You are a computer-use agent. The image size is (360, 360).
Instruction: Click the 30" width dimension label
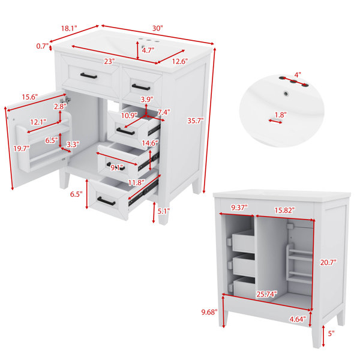[157, 28]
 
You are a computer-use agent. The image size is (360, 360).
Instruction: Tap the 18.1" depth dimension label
[69, 28]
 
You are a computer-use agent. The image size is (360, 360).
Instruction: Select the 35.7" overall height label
[196, 121]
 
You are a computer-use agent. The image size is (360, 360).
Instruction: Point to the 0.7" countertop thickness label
[43, 46]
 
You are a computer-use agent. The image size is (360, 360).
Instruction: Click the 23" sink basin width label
[109, 61]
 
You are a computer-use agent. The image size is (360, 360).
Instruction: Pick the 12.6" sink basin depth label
[180, 61]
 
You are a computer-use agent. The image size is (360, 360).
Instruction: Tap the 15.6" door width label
[29, 97]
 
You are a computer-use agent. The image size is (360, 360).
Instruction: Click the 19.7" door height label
[22, 149]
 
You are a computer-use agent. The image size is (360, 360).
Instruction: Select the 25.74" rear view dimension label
[266, 294]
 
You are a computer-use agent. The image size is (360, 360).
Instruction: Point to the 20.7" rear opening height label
[328, 262]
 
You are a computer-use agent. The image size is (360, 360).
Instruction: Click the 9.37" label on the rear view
[239, 208]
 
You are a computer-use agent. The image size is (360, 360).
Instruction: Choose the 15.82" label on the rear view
[284, 210]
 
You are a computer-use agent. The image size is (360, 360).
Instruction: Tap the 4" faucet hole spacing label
[298, 75]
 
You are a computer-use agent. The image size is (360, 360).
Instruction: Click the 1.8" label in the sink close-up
[281, 115]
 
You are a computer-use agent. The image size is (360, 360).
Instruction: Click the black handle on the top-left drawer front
[89, 76]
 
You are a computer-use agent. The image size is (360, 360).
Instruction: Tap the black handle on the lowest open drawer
[106, 201]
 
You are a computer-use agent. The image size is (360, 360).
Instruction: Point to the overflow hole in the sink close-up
[286, 94]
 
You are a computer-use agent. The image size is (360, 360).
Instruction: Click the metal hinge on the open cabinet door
[65, 100]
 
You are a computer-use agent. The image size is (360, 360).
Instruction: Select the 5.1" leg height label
[163, 211]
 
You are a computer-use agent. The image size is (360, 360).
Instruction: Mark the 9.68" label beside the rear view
[209, 312]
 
